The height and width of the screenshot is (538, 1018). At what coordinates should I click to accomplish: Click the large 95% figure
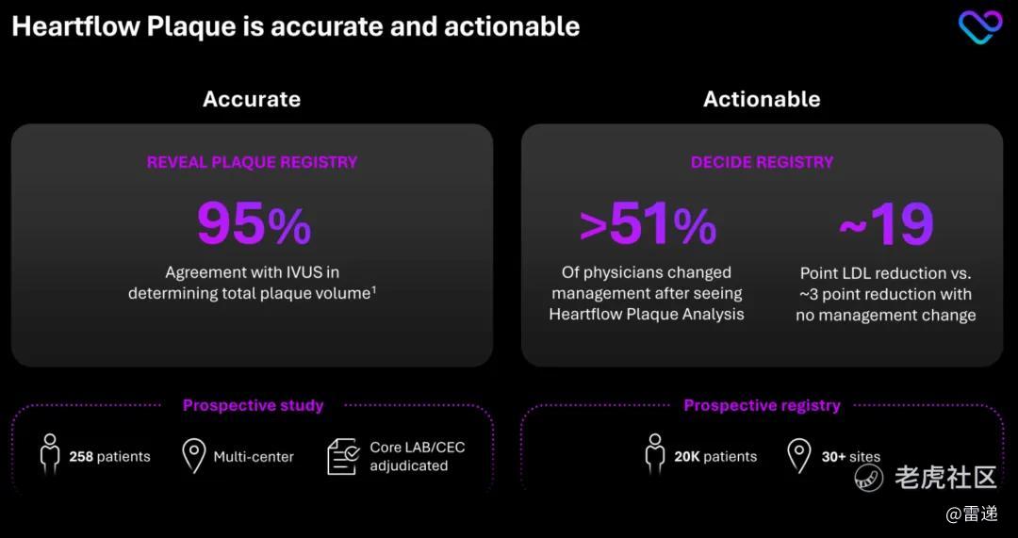point(254,224)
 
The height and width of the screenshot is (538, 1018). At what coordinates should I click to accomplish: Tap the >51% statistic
point(648,224)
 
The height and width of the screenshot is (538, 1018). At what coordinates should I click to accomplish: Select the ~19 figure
point(887,224)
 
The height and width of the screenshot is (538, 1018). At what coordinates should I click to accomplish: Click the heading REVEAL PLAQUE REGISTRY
point(252,162)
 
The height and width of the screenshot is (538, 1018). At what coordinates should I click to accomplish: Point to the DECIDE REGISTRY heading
point(763,162)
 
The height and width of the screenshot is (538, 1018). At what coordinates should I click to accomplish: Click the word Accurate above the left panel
point(252,99)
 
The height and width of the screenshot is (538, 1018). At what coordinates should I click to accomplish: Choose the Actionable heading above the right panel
point(762,99)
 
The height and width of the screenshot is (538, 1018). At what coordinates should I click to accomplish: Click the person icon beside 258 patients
point(50,454)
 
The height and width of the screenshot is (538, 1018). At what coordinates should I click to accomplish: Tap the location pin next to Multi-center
point(193,456)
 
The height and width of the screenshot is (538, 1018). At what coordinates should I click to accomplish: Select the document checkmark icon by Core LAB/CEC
point(343,456)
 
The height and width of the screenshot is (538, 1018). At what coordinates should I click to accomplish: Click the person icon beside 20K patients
point(655,454)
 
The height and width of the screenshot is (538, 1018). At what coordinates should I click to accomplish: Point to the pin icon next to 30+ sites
point(798,456)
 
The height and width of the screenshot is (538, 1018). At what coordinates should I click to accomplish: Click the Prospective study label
point(254,405)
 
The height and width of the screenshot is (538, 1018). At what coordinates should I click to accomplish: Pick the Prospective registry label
point(763,405)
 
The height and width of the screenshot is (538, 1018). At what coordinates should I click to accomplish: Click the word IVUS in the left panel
point(294,272)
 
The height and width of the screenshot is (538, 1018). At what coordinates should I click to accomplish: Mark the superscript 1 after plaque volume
point(374,290)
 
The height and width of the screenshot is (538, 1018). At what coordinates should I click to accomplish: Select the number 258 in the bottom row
point(81,457)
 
